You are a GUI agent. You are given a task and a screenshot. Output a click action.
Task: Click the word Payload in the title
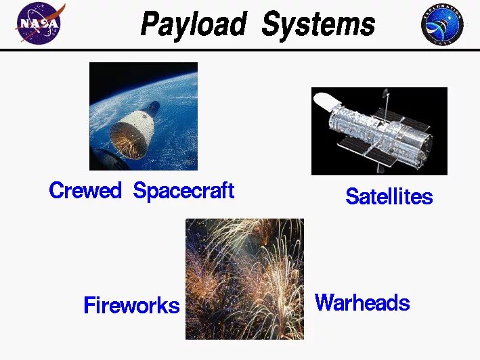pyautogui.click(x=193, y=25)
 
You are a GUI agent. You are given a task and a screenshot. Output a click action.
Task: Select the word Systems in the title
pyautogui.click(x=318, y=25)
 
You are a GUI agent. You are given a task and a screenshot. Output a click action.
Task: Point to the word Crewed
pyautogui.click(x=85, y=191)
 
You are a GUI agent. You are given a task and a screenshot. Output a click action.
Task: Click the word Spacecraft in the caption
pyautogui.click(x=183, y=191)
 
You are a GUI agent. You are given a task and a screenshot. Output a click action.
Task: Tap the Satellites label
pyautogui.click(x=389, y=196)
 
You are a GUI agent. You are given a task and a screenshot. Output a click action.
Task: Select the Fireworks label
pyautogui.click(x=131, y=305)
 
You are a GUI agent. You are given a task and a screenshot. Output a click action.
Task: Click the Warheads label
pyautogui.click(x=362, y=302)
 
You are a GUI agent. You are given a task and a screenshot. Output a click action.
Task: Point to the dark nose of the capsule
pyautogui.click(x=154, y=106)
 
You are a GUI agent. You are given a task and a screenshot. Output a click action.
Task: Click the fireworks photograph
pyautogui.click(x=244, y=279)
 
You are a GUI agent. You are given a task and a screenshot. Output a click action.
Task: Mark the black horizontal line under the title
pyautogui.click(x=240, y=49)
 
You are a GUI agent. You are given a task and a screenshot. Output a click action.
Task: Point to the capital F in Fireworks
pyautogui.click(x=89, y=305)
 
